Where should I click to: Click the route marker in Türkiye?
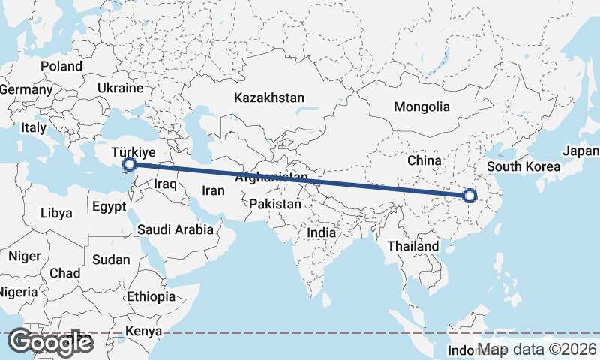click(x=129, y=163)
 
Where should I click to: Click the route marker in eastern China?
click(x=469, y=196)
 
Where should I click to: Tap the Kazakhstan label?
click(x=269, y=97)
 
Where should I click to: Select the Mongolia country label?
click(x=421, y=106)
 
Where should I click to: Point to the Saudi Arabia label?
click(x=175, y=230)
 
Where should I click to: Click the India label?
click(x=321, y=232)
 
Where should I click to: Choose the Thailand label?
click(x=412, y=246)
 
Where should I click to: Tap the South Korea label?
click(x=523, y=166)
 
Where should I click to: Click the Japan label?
click(x=580, y=151)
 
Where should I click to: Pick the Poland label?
click(x=61, y=66)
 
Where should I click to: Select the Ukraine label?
click(x=120, y=88)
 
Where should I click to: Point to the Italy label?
click(x=34, y=127)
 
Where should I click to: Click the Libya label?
click(x=56, y=213)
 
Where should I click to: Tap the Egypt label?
click(x=109, y=205)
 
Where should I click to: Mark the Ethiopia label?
click(x=151, y=296)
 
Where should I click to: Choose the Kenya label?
click(x=144, y=331)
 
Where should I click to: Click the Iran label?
click(x=213, y=190)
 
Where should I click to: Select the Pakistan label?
click(x=276, y=204)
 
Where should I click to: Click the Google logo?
click(x=50, y=342)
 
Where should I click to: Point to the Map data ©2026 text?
click(x=537, y=349)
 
